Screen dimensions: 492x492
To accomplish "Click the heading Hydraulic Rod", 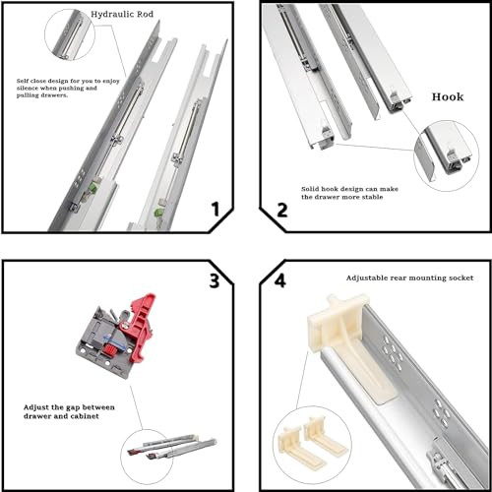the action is coord(122,15).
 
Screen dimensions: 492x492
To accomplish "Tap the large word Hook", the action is coord(448,97).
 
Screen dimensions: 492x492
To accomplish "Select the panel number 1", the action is coord(215,210).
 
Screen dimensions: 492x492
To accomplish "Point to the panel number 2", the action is coord(282,211).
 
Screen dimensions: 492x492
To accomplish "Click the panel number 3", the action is coord(215,281).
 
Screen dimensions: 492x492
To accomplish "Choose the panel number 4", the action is coord(279,280).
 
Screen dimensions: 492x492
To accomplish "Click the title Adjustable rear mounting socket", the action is coord(409,278).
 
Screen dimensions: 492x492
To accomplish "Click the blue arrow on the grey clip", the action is coord(111,339).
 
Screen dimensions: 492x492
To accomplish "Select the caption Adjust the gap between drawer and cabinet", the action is coord(69,411).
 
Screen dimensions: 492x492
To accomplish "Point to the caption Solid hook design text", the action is coord(349,193).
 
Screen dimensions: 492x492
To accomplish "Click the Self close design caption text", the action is coord(68,88).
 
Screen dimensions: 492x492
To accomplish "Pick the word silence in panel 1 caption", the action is coord(28,89).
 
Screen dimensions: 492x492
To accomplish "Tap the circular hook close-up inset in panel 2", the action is coord(446,156).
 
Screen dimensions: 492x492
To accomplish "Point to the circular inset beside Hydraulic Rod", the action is coord(70,34).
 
